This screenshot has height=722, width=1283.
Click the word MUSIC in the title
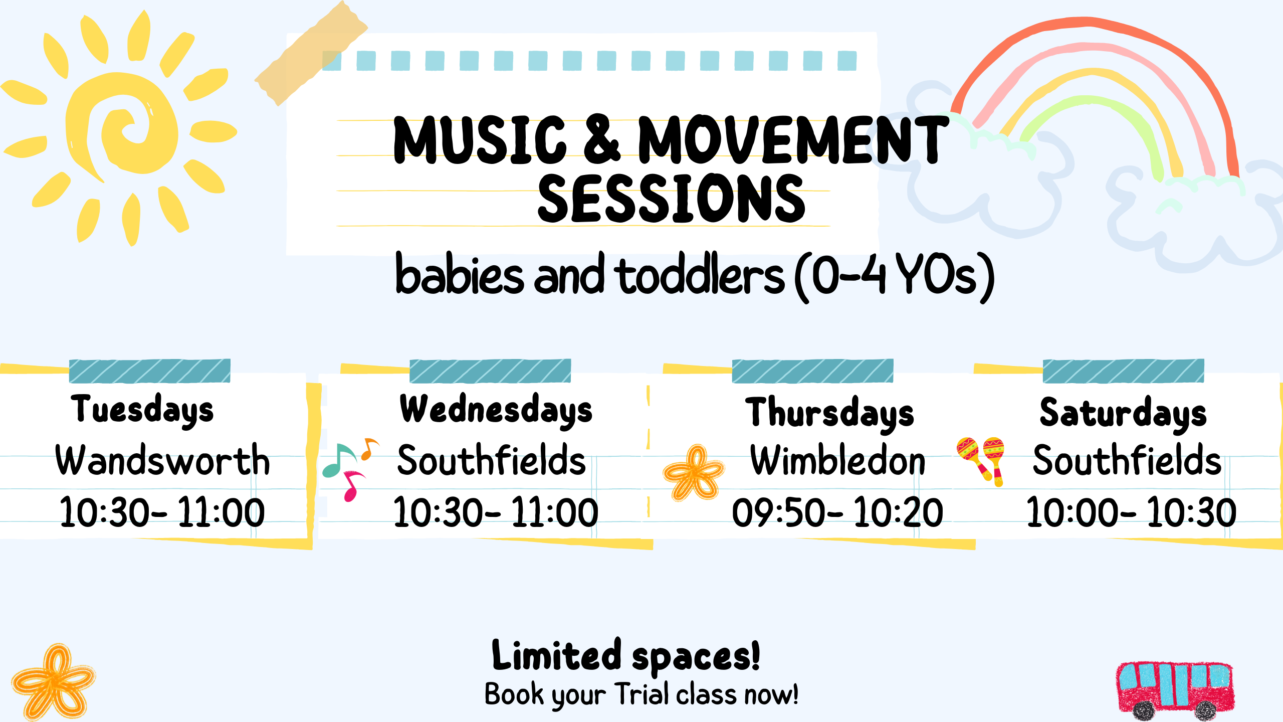pyautogui.click(x=480, y=140)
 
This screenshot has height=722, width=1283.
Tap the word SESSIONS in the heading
pyautogui.click(x=672, y=199)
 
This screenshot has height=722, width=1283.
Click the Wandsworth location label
pyautogui.click(x=162, y=460)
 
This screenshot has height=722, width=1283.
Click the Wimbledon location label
pyautogui.click(x=837, y=460)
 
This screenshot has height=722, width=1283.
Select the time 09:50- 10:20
pyautogui.click(x=837, y=512)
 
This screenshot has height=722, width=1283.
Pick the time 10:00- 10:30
pyautogui.click(x=1131, y=512)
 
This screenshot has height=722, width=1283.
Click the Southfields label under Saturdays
pyautogui.click(x=1127, y=460)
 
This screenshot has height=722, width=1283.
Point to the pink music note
pyautogui.click(x=354, y=485)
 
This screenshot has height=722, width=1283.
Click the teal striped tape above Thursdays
pyautogui.click(x=812, y=371)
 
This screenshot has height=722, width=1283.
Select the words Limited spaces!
pyautogui.click(x=626, y=656)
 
